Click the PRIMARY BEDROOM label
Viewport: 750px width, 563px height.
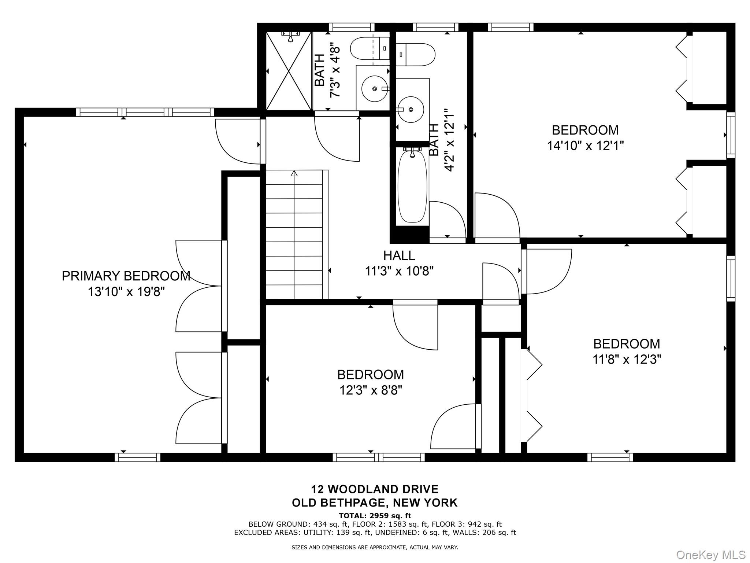pos(126,276)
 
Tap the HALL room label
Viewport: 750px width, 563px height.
pos(399,255)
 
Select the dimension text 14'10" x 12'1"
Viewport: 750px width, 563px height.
pos(585,146)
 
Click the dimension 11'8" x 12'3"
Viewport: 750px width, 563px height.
pos(627,360)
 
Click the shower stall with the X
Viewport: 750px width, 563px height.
pos(289,71)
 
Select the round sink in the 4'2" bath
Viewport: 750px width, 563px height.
pos(411,109)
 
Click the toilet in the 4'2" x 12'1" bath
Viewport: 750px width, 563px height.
pos(415,55)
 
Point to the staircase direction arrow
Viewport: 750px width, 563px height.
pos(294,173)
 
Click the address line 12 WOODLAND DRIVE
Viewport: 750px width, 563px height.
pos(375,489)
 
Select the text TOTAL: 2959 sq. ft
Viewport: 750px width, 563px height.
pos(375,516)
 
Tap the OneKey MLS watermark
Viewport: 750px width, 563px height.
pos(710,555)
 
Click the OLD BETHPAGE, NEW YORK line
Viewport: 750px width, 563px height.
pos(375,503)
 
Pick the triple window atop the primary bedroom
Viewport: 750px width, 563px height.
pos(145,112)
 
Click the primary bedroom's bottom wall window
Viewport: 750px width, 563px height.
pos(137,457)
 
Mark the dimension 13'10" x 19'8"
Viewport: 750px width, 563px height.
pos(126,292)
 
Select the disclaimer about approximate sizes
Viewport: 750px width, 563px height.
pos(375,548)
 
